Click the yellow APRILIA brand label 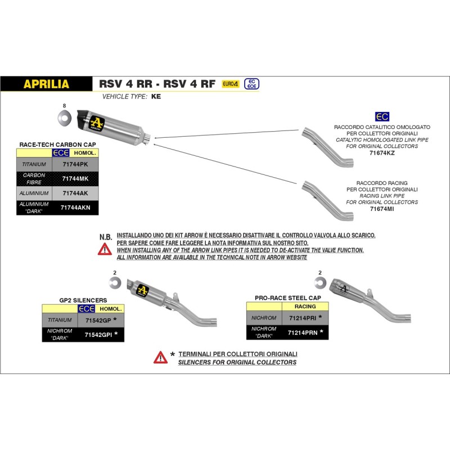click(46, 84)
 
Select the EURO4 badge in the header click(231, 84)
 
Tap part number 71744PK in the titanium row click(74, 164)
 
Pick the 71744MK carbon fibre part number click(74, 179)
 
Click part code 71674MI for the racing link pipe click(382, 208)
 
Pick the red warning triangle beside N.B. click(104, 249)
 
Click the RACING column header click(305, 307)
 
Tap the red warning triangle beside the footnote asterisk click(160, 357)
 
